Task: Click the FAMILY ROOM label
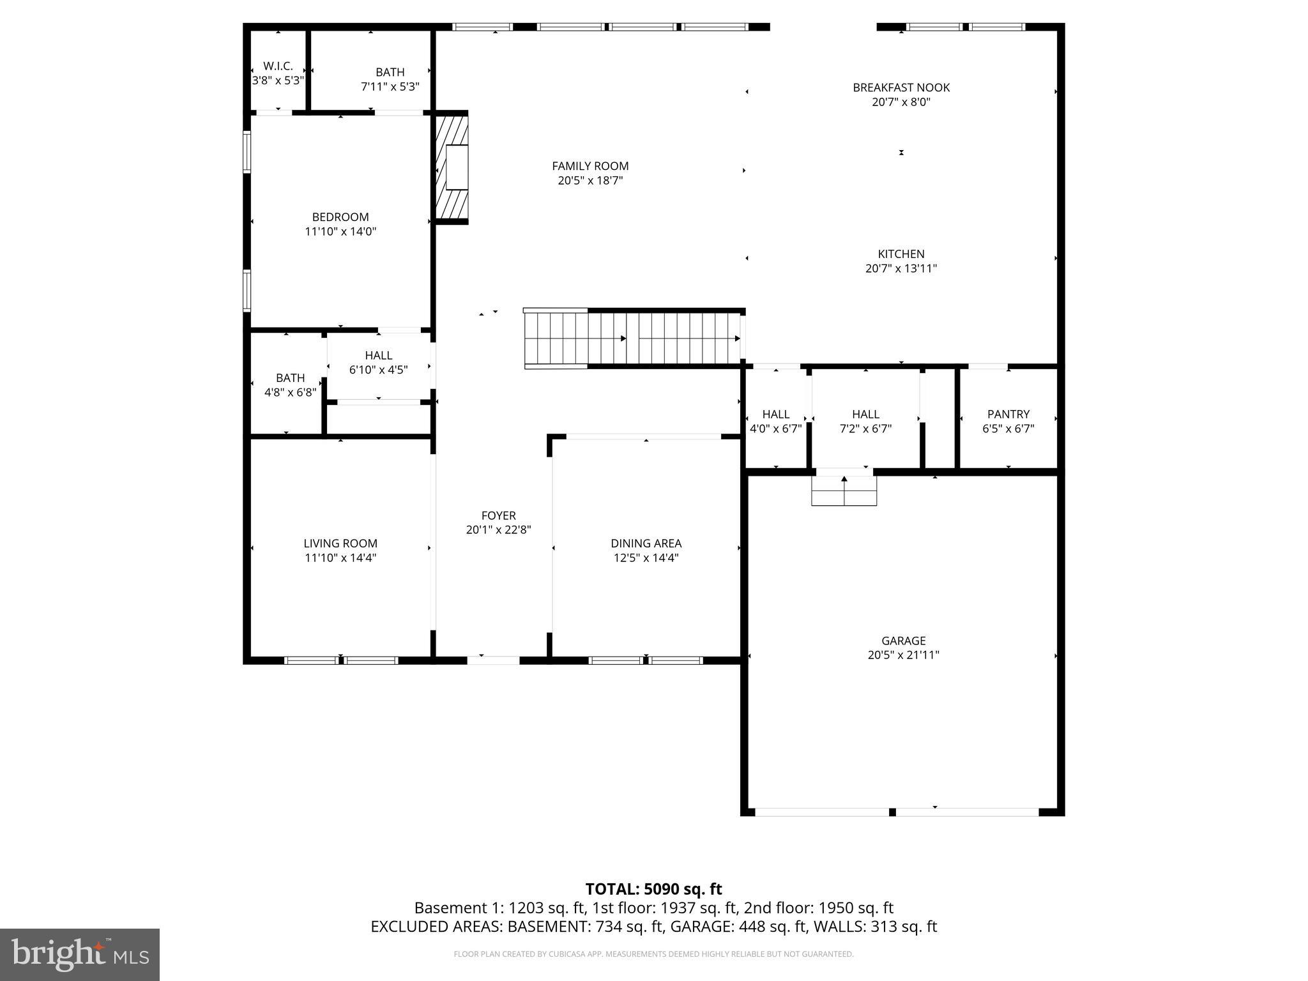point(590,166)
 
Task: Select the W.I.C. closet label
point(278,66)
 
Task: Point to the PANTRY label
point(1008,414)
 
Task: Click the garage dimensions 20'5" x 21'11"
point(903,655)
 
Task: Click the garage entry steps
point(844,490)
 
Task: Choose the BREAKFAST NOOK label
point(901,87)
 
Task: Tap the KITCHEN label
point(901,254)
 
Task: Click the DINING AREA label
point(646,543)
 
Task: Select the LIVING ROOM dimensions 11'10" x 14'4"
point(340,558)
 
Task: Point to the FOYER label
point(498,515)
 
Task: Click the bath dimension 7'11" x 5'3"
point(390,86)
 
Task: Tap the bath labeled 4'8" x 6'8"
point(290,385)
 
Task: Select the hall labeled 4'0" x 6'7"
point(775,422)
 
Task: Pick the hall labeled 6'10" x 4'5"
point(378,362)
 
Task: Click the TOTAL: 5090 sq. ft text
point(653,889)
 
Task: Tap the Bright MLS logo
point(80,954)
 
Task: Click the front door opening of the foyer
point(493,660)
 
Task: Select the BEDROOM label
point(340,217)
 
